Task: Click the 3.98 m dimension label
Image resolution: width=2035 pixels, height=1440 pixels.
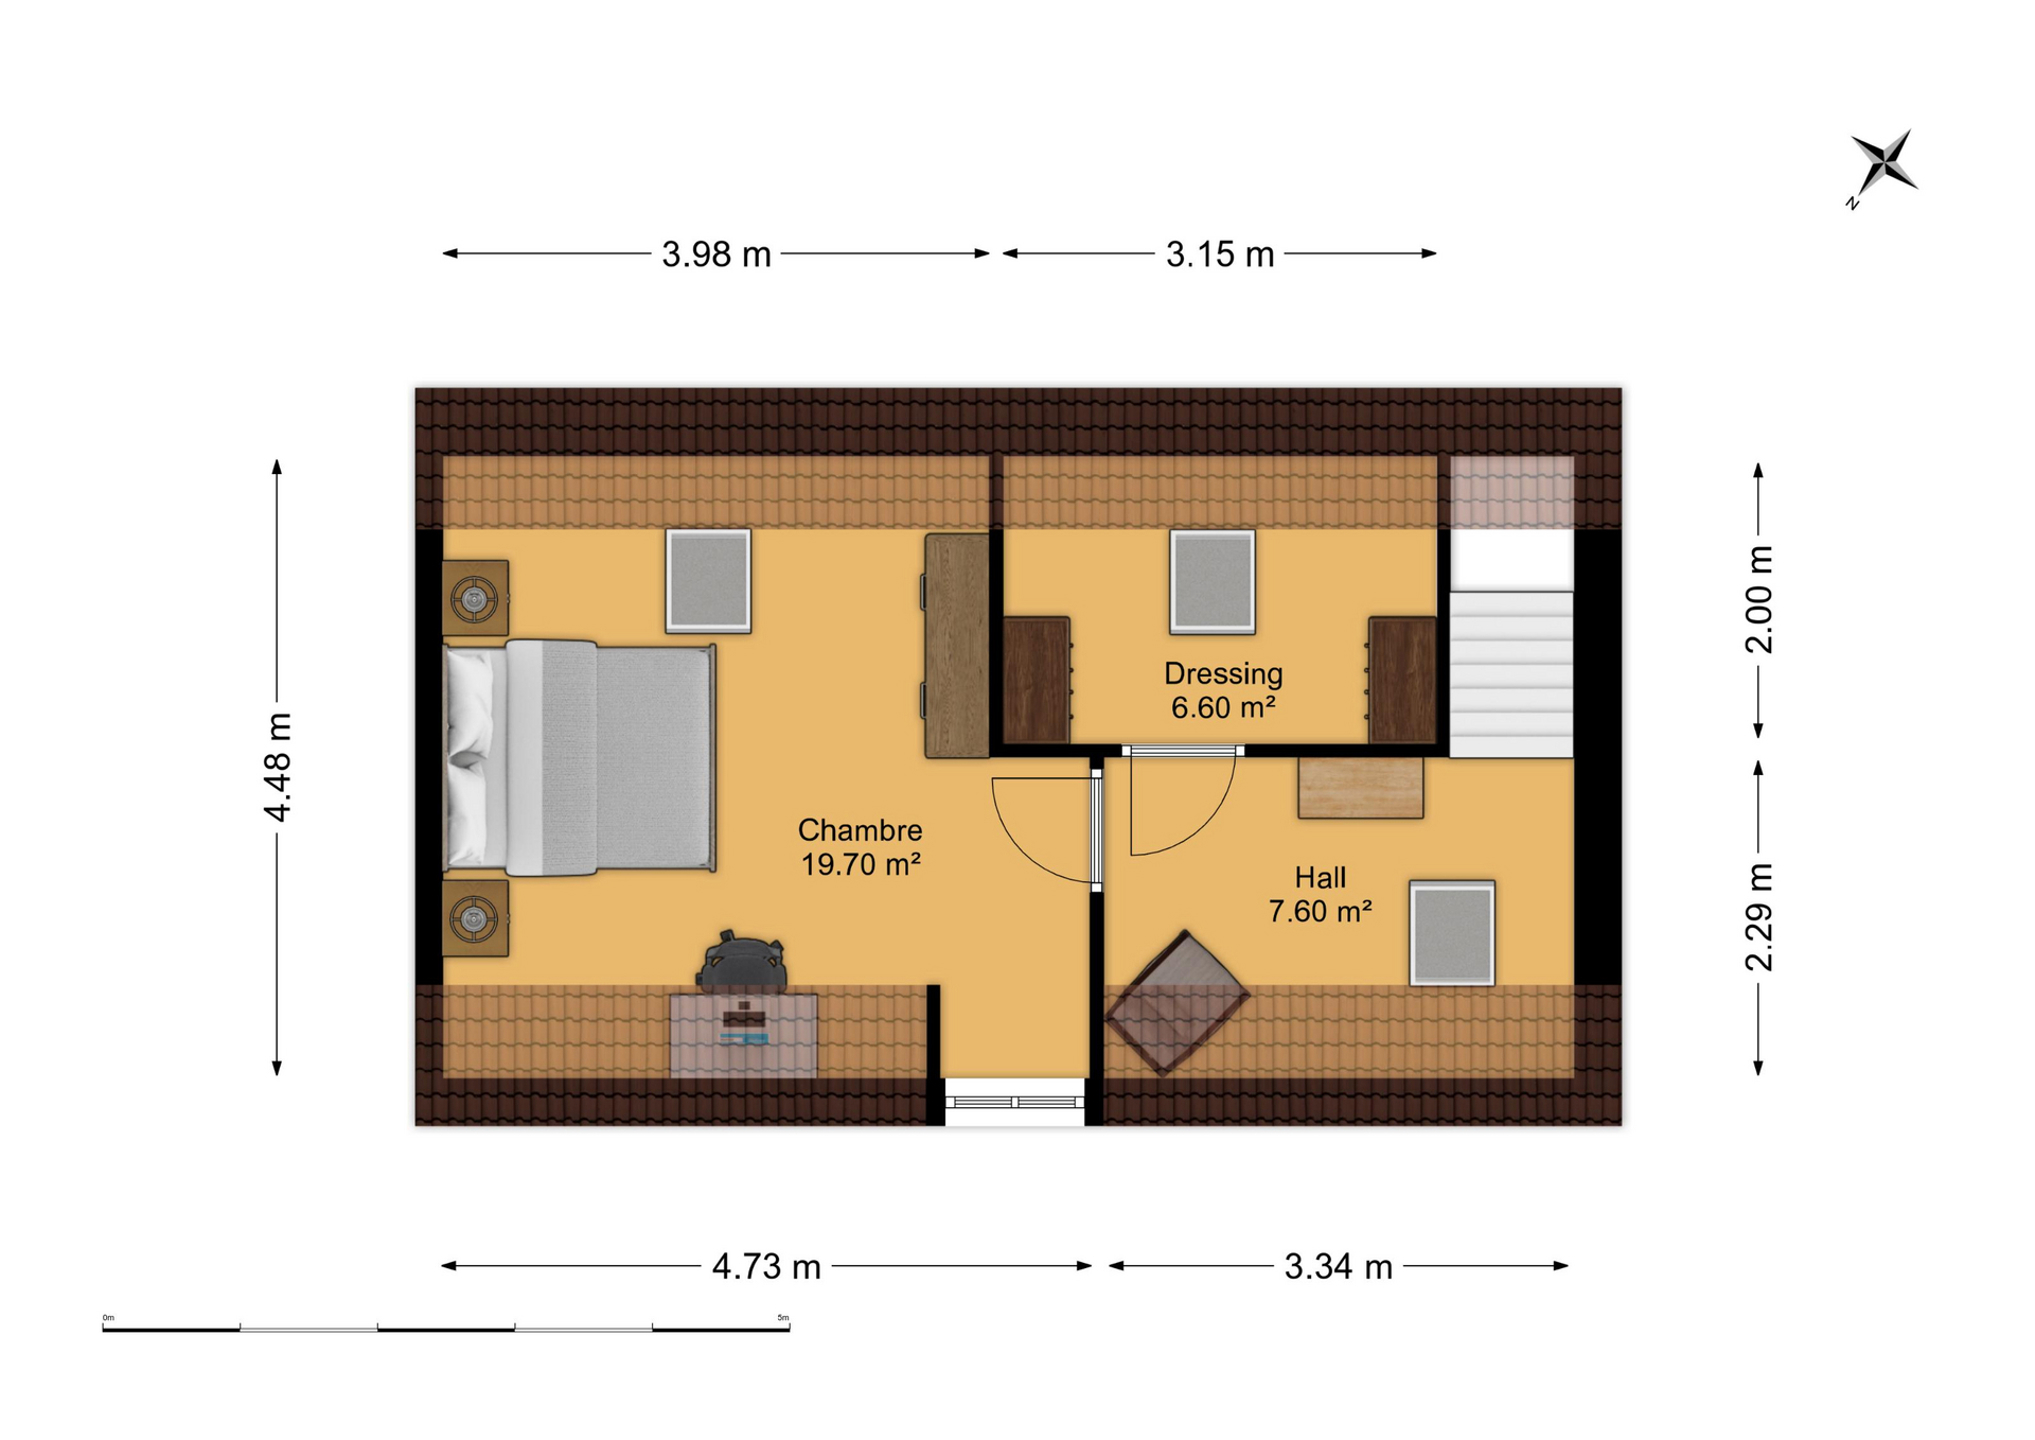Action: [x=716, y=255]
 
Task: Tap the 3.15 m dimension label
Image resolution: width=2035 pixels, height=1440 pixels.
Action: [x=1219, y=255]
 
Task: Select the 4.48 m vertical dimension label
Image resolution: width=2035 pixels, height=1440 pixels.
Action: [x=277, y=768]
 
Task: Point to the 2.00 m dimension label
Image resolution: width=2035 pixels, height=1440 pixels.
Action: [x=1758, y=600]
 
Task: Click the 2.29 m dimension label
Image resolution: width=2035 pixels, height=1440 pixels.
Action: [x=1758, y=917]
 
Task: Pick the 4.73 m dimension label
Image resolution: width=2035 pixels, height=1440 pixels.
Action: [x=766, y=1267]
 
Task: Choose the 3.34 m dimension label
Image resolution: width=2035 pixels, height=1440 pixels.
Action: [x=1338, y=1267]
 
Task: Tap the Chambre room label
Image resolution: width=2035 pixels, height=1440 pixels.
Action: [x=860, y=830]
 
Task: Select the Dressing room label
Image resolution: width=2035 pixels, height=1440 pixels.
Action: [x=1223, y=674]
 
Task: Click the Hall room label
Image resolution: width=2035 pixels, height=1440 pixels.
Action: [x=1320, y=878]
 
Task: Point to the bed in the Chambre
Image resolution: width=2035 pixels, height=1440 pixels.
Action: [x=579, y=758]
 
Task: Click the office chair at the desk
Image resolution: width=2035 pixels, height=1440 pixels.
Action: [x=741, y=961]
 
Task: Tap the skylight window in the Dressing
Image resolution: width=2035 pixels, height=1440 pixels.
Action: [x=1212, y=582]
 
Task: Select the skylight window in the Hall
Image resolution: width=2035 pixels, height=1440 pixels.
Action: [x=1452, y=933]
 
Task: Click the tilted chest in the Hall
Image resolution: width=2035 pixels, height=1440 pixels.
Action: [x=1177, y=1003]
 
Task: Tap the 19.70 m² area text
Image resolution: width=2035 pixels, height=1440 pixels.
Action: [x=860, y=864]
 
